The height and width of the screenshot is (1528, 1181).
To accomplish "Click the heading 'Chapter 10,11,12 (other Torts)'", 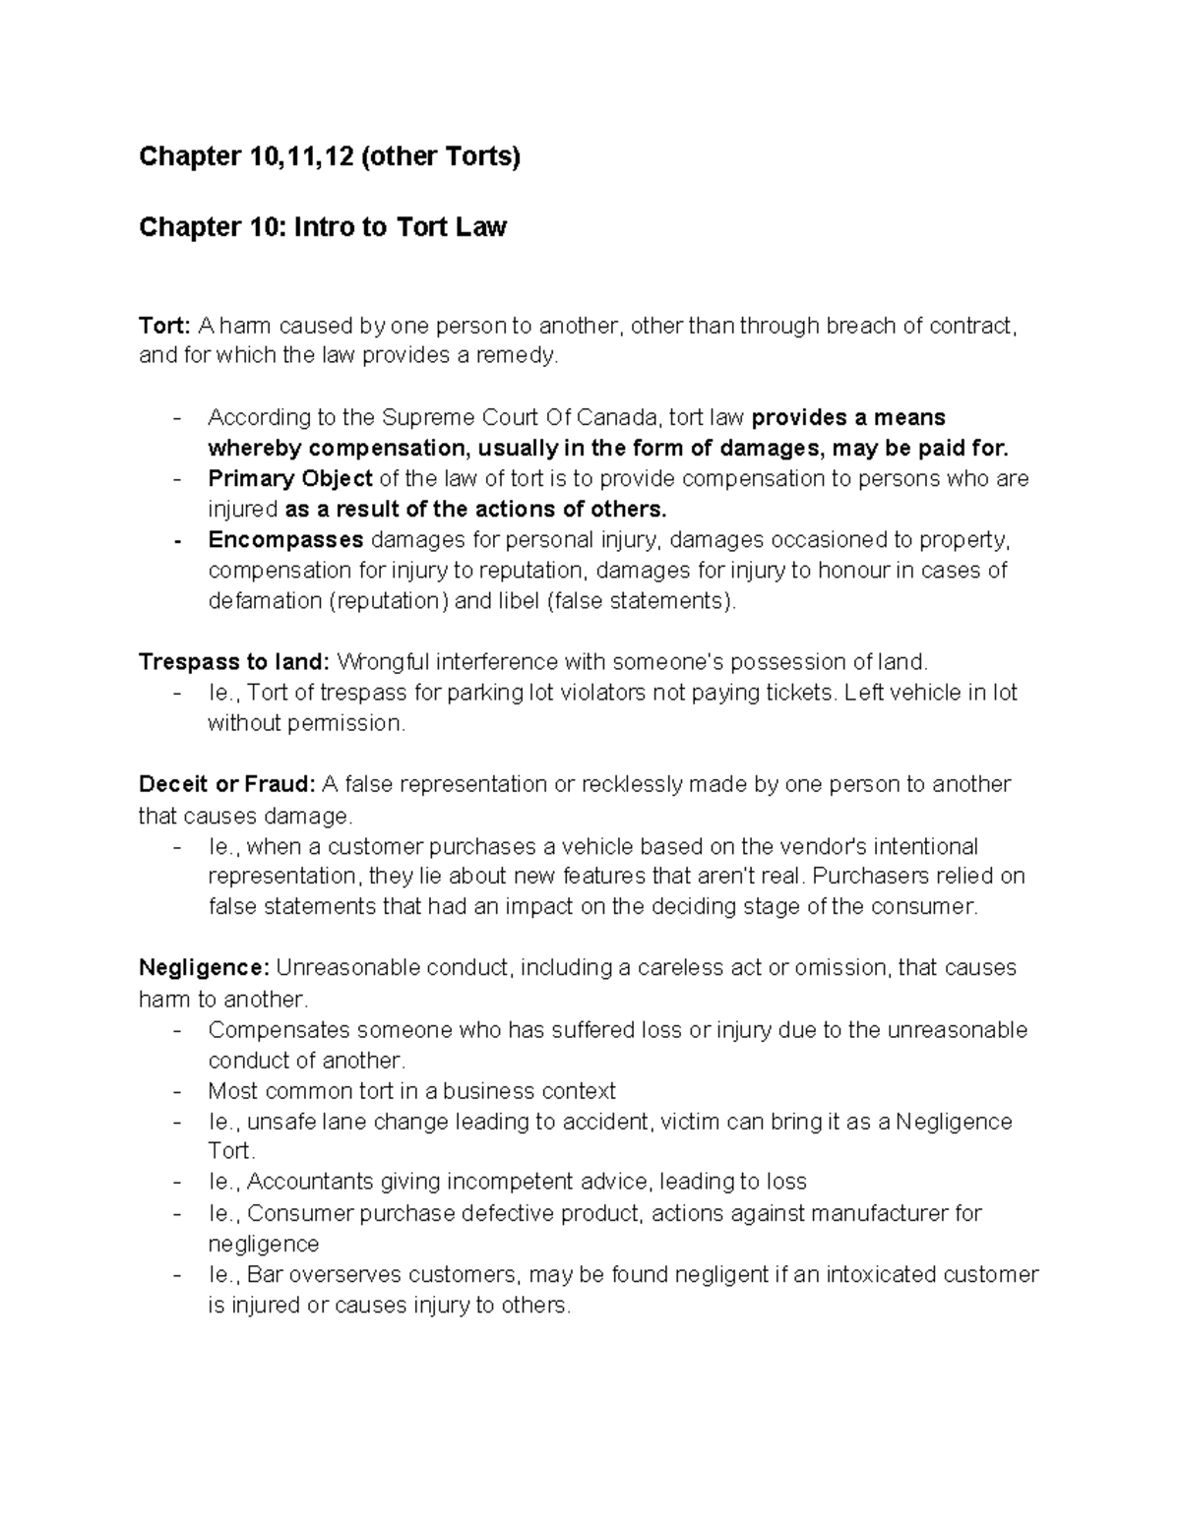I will click(x=329, y=156).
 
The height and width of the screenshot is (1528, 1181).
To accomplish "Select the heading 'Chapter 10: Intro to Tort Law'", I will click(x=323, y=227).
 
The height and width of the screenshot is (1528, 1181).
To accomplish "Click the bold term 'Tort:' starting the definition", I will click(x=164, y=326).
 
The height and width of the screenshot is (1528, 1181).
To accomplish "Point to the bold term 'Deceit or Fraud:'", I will click(x=226, y=784).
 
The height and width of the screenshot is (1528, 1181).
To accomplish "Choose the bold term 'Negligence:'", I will click(x=204, y=968).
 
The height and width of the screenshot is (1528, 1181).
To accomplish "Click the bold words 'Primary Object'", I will click(x=289, y=479).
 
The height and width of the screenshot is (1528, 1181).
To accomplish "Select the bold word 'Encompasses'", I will click(x=285, y=540).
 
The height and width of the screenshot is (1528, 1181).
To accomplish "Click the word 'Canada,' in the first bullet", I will click(x=625, y=418).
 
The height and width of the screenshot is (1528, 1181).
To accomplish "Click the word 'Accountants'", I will click(x=309, y=1182).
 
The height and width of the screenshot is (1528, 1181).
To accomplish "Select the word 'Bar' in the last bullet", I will click(x=263, y=1275).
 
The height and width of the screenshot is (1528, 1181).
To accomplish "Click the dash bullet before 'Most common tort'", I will click(x=177, y=1091).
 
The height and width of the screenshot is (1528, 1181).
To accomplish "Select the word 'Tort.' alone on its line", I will click(x=230, y=1151).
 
